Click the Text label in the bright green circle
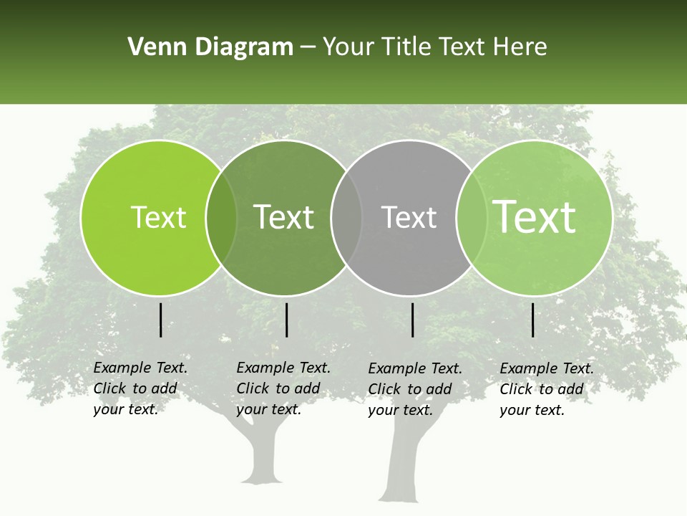158,217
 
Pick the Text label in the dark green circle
284,217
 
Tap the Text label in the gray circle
409,217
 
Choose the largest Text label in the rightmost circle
535,217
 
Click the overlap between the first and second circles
221,218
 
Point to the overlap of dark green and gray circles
346,218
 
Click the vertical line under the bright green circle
161,320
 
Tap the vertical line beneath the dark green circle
286,320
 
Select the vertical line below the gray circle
413,320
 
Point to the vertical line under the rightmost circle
533,320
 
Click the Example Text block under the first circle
140,388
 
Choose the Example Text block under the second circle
283,388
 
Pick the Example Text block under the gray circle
414,389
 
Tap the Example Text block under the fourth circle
546,389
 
